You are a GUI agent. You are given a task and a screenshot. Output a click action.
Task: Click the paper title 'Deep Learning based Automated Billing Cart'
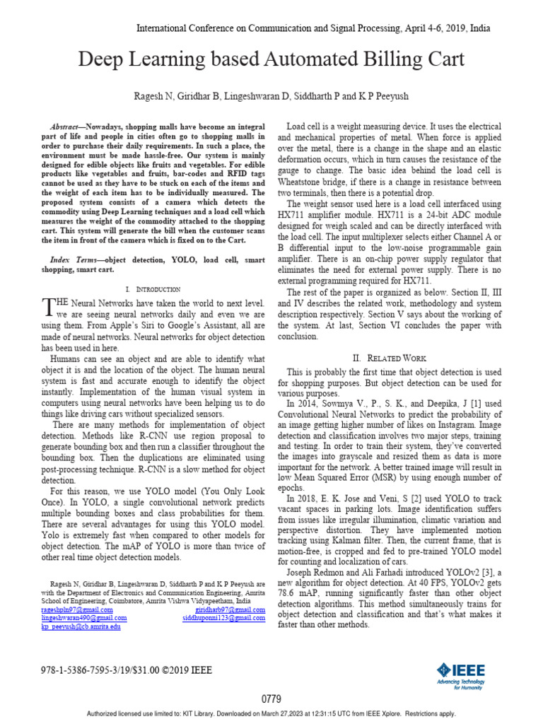pyautogui.click(x=271, y=61)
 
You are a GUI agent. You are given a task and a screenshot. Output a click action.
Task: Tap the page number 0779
pyautogui.click(x=271, y=699)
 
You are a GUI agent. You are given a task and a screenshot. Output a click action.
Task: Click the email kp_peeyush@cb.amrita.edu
pyautogui.click(x=81, y=626)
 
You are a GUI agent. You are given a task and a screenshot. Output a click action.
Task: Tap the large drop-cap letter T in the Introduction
pyautogui.click(x=47, y=306)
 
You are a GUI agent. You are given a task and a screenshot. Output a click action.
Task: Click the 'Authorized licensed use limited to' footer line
pyautogui.click(x=271, y=714)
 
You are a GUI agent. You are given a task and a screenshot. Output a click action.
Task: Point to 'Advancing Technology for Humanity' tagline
pyautogui.click(x=467, y=682)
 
